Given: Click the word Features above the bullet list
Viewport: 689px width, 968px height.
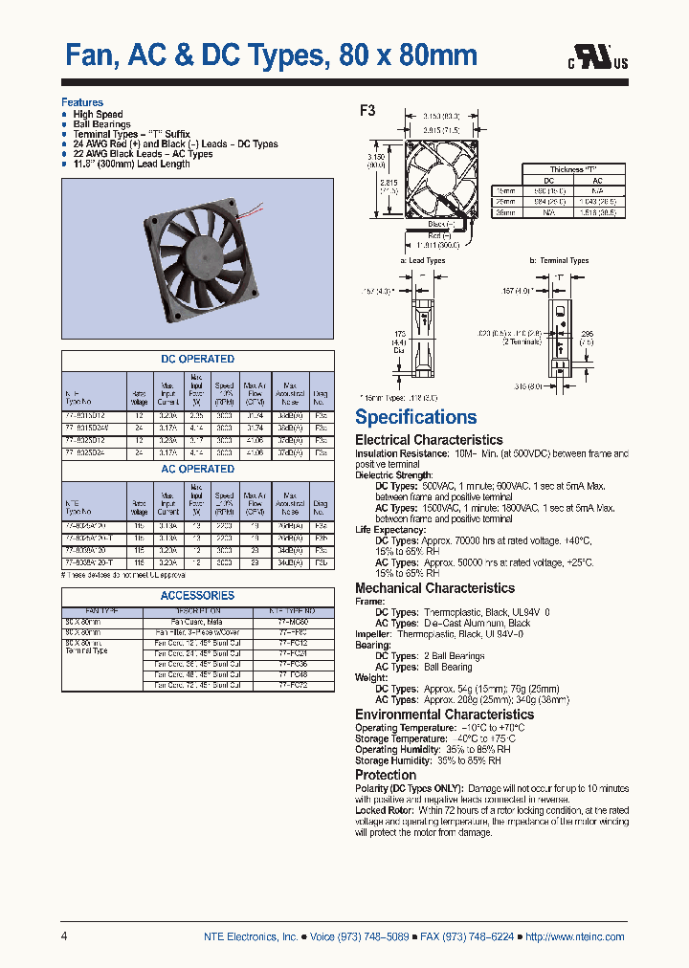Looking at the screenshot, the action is point(82,102).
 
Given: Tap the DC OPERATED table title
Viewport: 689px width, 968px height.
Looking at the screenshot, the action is point(198,359).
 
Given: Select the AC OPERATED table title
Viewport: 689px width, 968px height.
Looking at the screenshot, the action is point(198,469).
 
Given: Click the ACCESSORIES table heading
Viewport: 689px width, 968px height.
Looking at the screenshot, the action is point(198,595).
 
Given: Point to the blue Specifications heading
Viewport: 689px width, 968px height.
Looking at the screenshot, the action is point(415,417).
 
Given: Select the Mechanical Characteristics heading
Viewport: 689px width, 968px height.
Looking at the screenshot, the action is point(434,588).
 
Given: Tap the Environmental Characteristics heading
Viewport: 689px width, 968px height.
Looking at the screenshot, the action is point(444,715).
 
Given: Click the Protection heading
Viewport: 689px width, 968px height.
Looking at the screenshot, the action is point(386,775).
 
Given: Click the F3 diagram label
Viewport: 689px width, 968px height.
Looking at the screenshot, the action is point(367,110).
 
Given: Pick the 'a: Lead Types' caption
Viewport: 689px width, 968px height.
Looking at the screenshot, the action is point(422,260).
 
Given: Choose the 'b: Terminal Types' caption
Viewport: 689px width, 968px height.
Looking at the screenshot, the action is point(559,260).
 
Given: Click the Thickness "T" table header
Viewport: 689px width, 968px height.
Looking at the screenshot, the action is point(573,168).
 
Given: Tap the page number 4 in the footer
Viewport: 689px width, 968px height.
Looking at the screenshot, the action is point(64,936).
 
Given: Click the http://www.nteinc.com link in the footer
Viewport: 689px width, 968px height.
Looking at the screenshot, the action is point(574,936).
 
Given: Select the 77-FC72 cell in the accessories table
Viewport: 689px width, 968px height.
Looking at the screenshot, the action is point(293,687).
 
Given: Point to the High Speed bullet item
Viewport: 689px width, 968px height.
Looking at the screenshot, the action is point(98,115).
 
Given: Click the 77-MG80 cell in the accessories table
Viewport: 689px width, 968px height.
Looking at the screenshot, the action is point(293,621).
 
